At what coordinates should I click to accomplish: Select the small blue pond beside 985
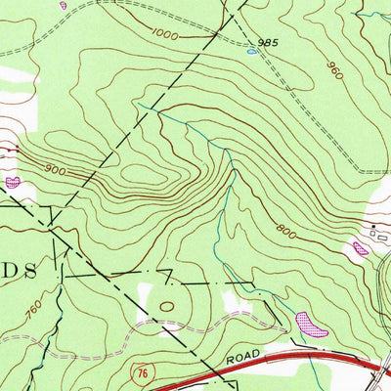click(x=252, y=53)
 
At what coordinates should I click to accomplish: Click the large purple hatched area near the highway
click(x=310, y=324)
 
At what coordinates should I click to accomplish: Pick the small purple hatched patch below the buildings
click(x=361, y=249)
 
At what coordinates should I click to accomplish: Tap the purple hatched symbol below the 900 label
click(x=13, y=182)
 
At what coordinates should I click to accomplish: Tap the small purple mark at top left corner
click(x=64, y=5)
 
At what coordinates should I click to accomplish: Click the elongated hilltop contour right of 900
click(x=147, y=177)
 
